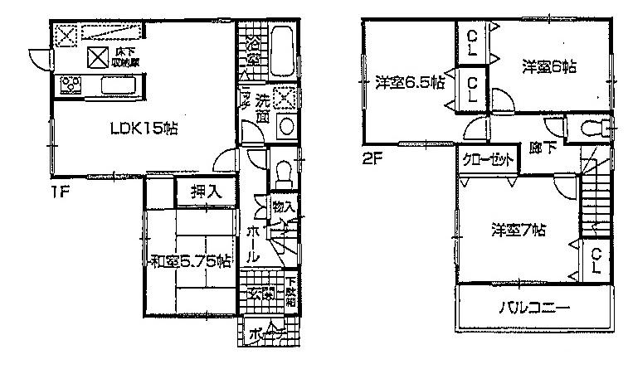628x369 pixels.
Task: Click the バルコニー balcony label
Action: (x=533, y=308)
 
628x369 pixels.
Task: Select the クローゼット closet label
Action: (x=487, y=161)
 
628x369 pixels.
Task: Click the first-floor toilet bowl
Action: (x=281, y=173)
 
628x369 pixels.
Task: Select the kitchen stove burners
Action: (x=68, y=85)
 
